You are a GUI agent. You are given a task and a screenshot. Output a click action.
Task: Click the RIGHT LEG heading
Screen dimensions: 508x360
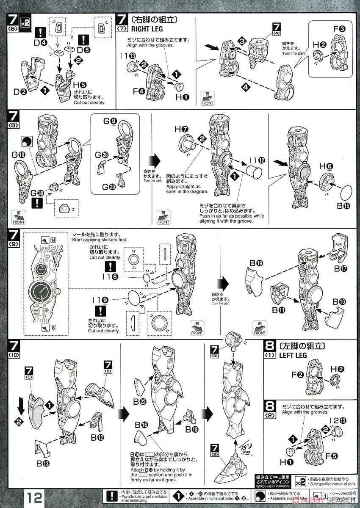(147, 29)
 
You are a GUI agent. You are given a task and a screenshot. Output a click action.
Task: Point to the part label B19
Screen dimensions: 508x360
(256, 263)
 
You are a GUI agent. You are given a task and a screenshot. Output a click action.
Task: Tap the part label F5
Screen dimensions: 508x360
(335, 456)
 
